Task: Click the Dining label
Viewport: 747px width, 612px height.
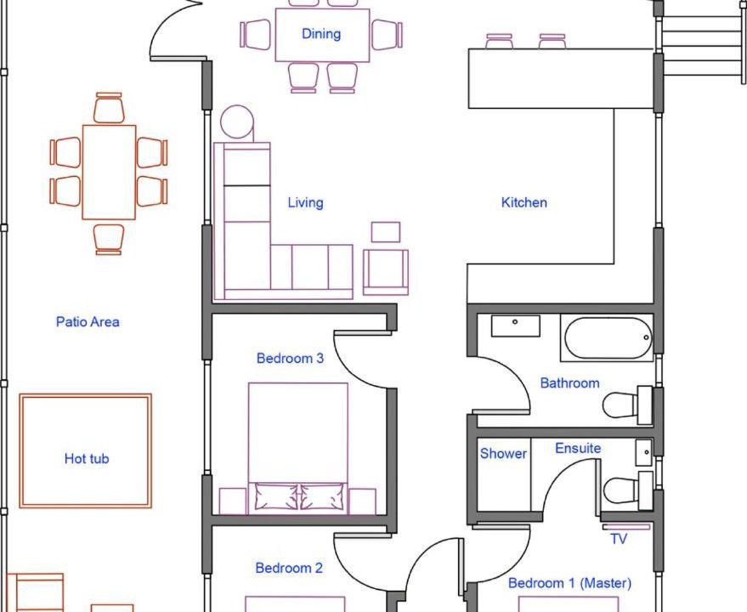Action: click(x=321, y=34)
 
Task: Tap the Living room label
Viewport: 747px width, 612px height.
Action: click(x=305, y=202)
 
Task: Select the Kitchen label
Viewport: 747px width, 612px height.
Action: click(x=524, y=202)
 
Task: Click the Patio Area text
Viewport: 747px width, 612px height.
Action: click(x=88, y=322)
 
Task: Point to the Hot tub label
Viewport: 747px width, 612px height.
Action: click(x=87, y=458)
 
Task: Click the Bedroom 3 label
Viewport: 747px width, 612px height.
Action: click(x=290, y=358)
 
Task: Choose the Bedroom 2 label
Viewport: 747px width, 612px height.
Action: click(x=289, y=568)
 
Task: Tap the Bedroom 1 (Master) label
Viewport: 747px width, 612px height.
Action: click(x=569, y=583)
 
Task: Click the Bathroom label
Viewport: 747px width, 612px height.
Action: click(x=569, y=382)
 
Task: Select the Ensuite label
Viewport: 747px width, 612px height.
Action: click(x=578, y=448)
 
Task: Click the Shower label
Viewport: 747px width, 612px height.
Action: click(x=503, y=453)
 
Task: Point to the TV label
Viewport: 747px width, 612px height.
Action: click(x=619, y=539)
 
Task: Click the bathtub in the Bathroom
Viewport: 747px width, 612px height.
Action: click(x=608, y=338)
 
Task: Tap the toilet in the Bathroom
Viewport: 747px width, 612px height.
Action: click(x=628, y=405)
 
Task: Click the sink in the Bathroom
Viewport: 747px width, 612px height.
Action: click(x=516, y=326)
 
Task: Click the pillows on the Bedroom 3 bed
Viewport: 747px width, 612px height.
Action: click(x=298, y=497)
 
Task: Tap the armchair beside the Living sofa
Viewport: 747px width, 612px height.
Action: click(x=386, y=272)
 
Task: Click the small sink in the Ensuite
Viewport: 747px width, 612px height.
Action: click(x=644, y=453)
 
